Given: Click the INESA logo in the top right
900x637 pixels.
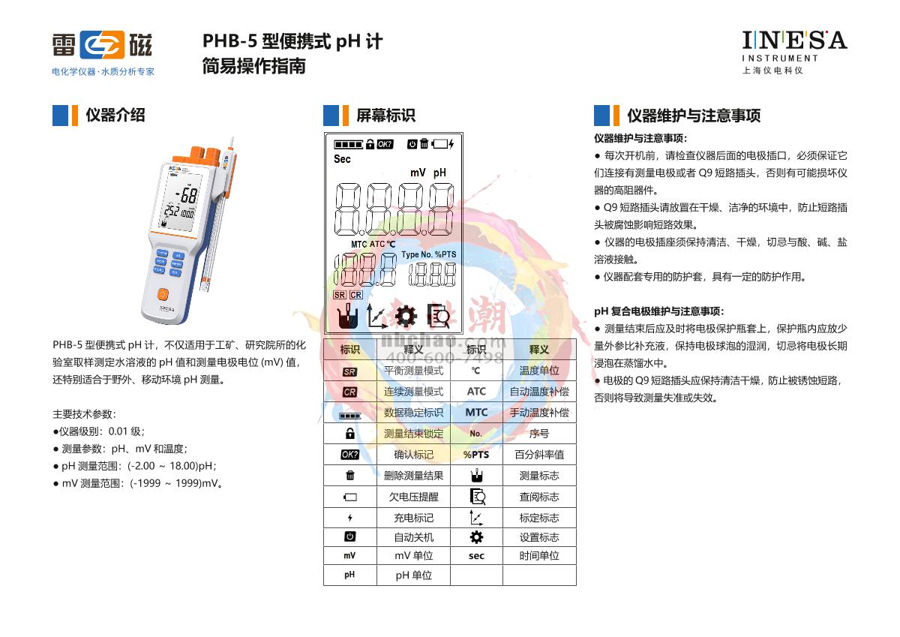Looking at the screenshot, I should point(793,41).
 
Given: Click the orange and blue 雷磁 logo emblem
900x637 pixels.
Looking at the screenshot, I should point(102,45).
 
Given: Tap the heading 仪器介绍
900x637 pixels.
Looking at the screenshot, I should point(115,115).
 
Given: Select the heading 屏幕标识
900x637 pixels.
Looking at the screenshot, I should point(385,115).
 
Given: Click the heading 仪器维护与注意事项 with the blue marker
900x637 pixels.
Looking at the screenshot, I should point(694,116).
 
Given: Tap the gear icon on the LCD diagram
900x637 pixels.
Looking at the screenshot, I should point(406,317).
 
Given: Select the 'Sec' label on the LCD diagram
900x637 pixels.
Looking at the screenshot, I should point(342,159).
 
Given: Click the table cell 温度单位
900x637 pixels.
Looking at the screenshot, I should point(539,371).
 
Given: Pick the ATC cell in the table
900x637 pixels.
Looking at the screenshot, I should point(476,392).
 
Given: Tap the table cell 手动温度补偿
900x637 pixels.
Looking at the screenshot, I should point(539,413).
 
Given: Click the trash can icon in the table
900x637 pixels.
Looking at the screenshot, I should point(349,476).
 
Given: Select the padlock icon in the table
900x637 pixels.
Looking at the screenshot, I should point(349,434).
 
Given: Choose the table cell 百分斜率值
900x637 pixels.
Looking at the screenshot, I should point(539,455).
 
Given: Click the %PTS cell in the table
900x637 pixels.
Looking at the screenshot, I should point(476,455).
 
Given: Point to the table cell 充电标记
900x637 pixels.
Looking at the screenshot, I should point(413,518).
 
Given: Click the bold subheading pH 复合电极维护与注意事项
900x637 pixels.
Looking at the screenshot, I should point(658,311).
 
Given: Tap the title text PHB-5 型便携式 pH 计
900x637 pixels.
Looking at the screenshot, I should point(292,41).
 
